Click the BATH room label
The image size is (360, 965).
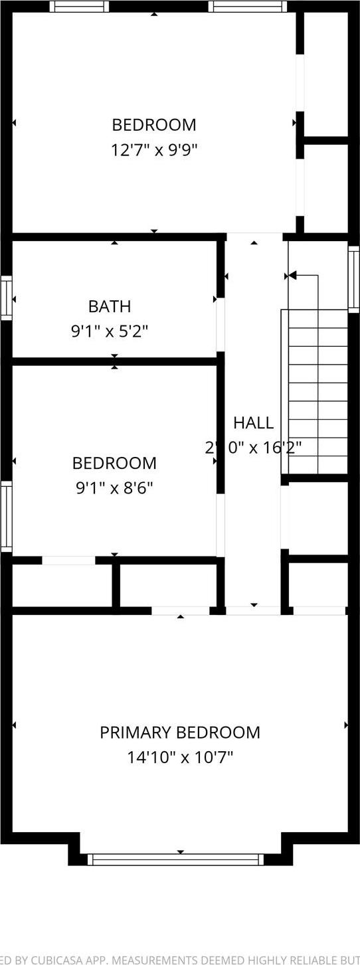click(x=110, y=306)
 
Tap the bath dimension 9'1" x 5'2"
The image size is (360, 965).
click(x=110, y=331)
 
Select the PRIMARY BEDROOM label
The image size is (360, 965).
click(x=180, y=732)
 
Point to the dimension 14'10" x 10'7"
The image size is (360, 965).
click(x=180, y=756)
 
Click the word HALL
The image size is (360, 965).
click(x=253, y=422)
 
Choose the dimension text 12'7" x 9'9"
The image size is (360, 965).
click(x=154, y=149)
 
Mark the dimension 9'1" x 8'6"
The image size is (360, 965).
click(x=114, y=488)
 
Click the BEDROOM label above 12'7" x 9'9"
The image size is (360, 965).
click(x=154, y=125)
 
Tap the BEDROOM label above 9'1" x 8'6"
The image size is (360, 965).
click(x=114, y=463)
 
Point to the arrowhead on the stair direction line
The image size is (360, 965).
click(x=292, y=275)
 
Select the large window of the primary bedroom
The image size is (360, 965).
click(x=176, y=859)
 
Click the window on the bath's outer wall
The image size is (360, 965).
click(x=6, y=298)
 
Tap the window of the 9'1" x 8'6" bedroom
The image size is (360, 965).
click(x=6, y=516)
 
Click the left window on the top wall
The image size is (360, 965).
click(x=80, y=7)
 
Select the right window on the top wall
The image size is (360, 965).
click(x=248, y=7)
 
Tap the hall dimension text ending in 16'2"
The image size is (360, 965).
click(x=253, y=447)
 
